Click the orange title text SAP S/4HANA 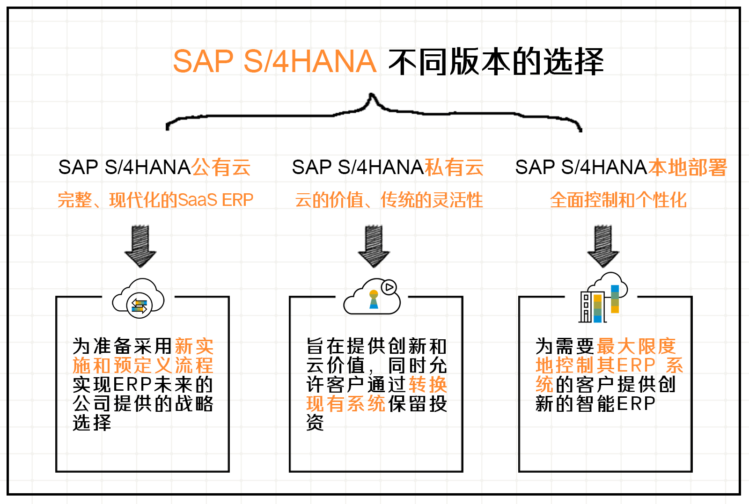[274, 61]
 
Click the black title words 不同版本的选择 [496, 61]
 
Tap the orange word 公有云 [221, 168]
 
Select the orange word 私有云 [454, 168]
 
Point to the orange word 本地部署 [687, 168]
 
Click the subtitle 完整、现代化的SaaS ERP [155, 200]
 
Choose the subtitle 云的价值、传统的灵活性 [389, 200]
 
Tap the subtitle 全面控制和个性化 [618, 200]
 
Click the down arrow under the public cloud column [140, 246]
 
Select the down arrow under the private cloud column [374, 246]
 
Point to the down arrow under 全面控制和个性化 [603, 246]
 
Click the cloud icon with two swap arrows [139, 299]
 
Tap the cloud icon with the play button [373, 297]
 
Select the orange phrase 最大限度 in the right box [636, 346]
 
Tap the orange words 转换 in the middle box [428, 385]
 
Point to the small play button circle [389, 287]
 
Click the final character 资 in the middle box [315, 423]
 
